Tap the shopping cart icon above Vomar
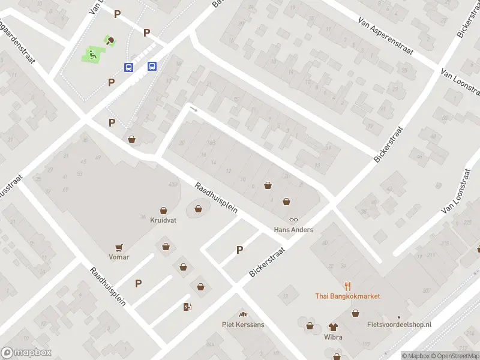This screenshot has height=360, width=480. [x=119, y=247]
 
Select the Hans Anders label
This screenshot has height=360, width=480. [x=293, y=230]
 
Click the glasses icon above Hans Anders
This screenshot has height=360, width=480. [x=294, y=220]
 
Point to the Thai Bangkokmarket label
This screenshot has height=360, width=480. [x=347, y=296]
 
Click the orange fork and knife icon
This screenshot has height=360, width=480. [x=347, y=286]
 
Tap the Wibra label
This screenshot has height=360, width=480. [x=333, y=337]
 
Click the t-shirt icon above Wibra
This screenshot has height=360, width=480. [x=333, y=327]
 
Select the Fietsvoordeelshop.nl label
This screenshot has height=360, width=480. [x=399, y=325]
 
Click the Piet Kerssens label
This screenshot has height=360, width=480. [x=243, y=325]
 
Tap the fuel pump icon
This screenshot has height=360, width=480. [x=187, y=307]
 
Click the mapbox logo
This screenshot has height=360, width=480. [x=26, y=353]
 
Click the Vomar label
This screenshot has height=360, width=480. [x=119, y=257]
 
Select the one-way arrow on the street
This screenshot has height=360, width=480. [x=193, y=109]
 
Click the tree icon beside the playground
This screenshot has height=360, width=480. [x=111, y=41]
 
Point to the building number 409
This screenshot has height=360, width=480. [x=173, y=184]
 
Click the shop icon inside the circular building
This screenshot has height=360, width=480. [x=198, y=209]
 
